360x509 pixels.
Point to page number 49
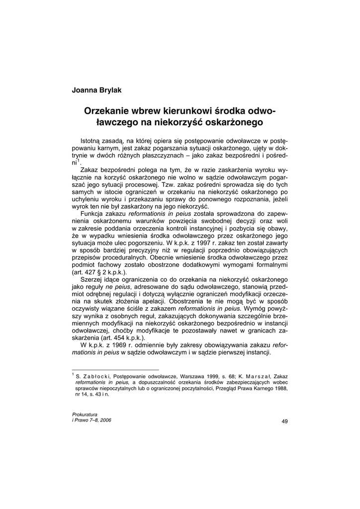284,422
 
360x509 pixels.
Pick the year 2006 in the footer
104,420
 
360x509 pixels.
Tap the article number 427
91,272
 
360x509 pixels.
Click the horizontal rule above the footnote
115,369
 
